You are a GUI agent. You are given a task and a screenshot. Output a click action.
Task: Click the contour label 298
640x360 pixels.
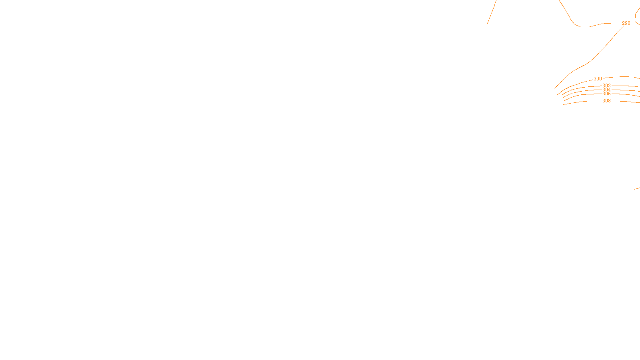[626, 23]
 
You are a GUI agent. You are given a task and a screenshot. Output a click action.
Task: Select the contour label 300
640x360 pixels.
[598, 79]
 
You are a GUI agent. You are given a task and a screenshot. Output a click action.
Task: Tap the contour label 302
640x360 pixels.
[606, 86]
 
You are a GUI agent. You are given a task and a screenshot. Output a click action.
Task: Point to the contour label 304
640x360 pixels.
[606, 90]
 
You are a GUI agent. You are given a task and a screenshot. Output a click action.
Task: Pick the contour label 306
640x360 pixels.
[606, 94]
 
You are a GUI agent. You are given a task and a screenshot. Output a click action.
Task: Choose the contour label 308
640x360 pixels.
[606, 101]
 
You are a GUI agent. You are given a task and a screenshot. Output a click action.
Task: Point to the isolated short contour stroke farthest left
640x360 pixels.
[492, 12]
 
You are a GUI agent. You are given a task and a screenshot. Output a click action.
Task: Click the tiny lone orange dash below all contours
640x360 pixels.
[637, 188]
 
